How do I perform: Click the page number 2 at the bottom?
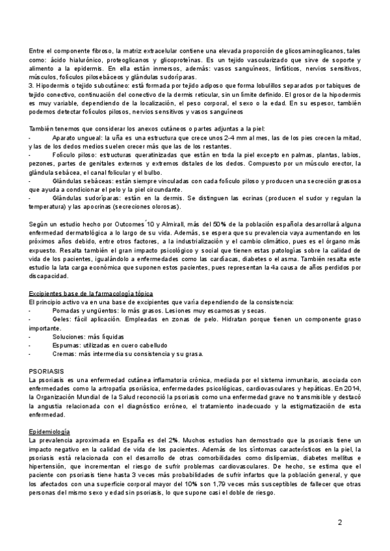point(340,523)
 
